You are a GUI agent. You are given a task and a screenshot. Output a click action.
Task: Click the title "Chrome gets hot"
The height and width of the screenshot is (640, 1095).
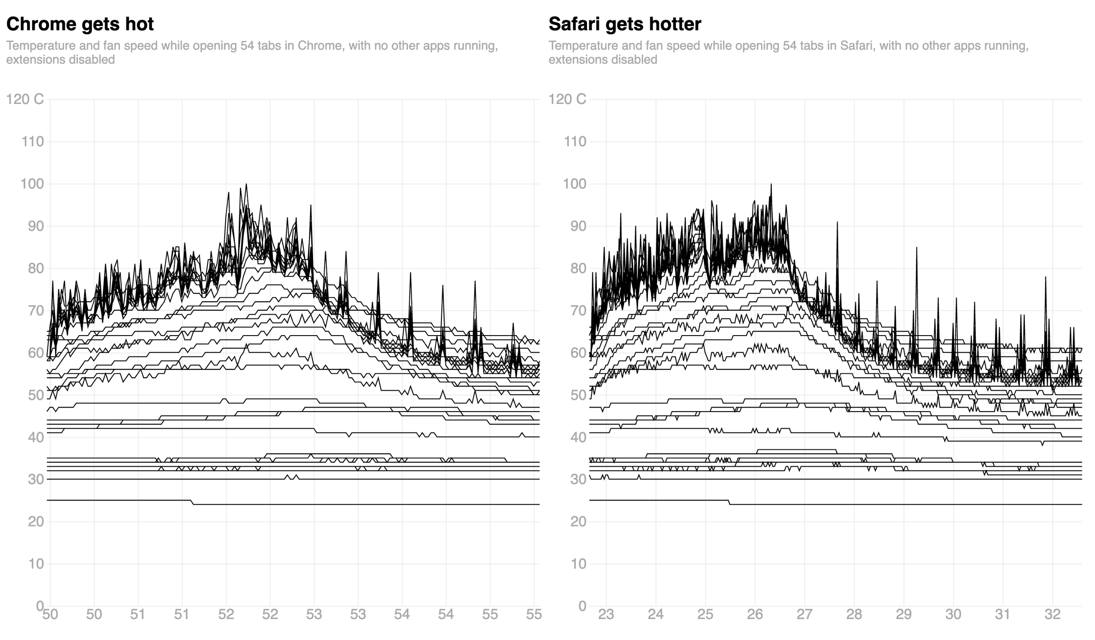[80, 24]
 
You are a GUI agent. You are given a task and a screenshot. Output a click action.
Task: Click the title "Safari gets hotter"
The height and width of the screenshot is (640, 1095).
[625, 24]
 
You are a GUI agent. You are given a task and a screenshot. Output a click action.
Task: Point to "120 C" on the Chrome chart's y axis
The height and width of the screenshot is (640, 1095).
[25, 99]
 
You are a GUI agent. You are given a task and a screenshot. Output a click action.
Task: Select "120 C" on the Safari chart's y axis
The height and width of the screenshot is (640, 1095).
[567, 99]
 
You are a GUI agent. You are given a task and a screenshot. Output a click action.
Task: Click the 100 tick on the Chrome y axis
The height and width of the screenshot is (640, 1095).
[32, 184]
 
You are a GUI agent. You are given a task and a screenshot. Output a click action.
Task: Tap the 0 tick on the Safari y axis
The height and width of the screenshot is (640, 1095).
[582, 606]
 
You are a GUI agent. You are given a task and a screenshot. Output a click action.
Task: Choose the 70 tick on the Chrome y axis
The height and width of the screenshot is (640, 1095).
[32, 311]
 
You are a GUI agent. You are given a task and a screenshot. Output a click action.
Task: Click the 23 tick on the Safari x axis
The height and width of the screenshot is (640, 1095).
[606, 615]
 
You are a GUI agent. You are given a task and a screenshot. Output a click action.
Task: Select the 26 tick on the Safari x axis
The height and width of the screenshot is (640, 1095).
[754, 615]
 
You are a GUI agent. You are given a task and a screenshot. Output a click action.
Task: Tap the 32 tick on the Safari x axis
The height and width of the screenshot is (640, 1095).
[1052, 615]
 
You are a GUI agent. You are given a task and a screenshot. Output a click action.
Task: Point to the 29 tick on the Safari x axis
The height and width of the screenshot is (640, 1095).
[904, 615]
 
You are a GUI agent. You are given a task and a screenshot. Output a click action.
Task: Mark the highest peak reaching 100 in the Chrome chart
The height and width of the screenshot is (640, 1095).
[246, 184]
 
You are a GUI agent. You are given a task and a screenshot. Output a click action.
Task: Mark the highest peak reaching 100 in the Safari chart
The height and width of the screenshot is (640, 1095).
[771, 184]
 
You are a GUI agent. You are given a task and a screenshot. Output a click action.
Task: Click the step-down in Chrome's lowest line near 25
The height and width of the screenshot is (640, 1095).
[192, 502]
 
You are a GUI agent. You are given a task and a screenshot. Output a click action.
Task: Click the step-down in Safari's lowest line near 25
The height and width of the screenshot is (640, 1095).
[730, 502]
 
